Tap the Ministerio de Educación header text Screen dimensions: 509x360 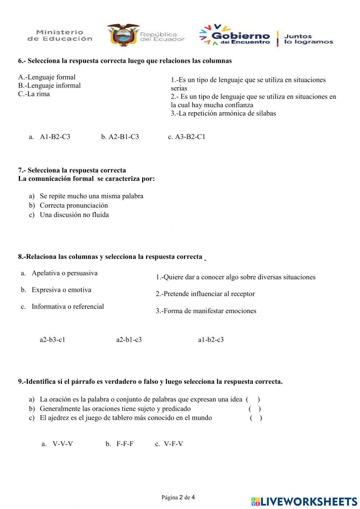[x=60, y=36]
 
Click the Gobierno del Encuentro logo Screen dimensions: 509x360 [x=235, y=36]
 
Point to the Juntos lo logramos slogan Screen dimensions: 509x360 [x=308, y=39]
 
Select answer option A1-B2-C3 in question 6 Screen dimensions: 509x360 [x=55, y=137]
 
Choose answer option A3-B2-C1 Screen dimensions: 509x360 [x=190, y=137]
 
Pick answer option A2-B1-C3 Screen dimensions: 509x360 [x=123, y=137]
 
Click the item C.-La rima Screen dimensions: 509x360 [x=34, y=94]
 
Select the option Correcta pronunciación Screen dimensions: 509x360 [x=73, y=205]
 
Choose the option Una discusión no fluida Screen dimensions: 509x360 [x=74, y=215]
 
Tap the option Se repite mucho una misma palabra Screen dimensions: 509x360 [x=91, y=196]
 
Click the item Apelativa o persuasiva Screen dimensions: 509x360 [x=64, y=273]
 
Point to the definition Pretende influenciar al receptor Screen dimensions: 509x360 [x=205, y=294]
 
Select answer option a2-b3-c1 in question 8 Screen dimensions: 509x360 [x=53, y=340]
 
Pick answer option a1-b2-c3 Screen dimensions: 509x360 [x=211, y=340]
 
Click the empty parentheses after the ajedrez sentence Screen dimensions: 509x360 [x=256, y=418]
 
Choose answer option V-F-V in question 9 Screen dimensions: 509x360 [x=173, y=444]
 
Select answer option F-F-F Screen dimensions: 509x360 [x=125, y=444]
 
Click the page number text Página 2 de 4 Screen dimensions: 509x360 [x=178, y=497]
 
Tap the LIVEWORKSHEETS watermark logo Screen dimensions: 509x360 [x=304, y=501]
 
